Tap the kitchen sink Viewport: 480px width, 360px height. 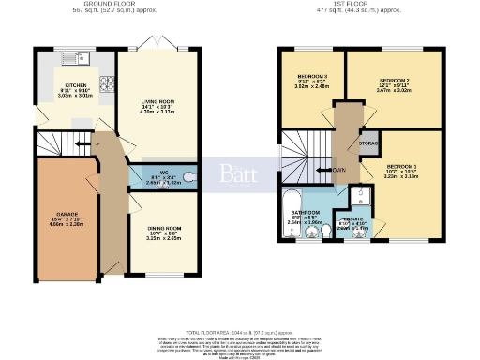click(x=74, y=59)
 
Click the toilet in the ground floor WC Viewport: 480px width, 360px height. click(x=190, y=174)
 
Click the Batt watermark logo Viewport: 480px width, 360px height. click(x=239, y=174)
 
